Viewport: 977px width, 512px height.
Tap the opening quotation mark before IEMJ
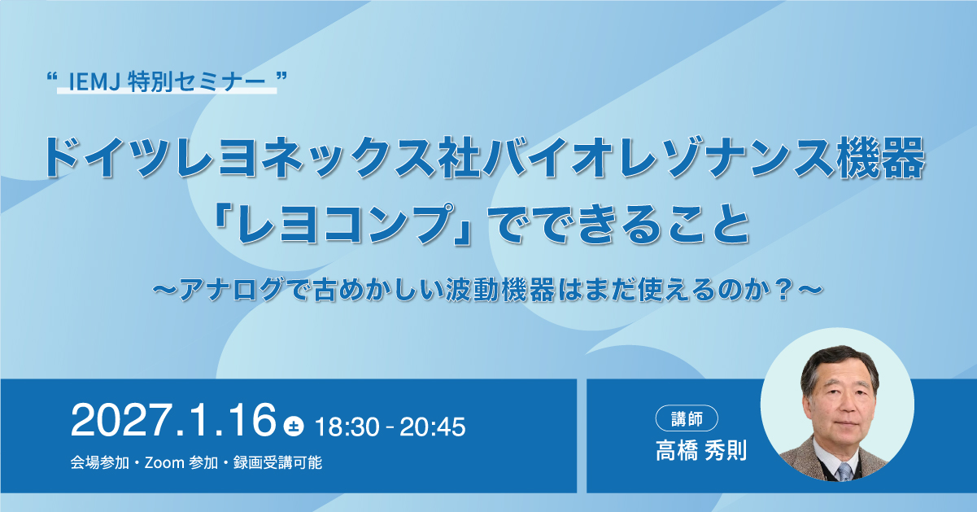pos(52,77)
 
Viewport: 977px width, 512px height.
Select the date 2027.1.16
pos(173,419)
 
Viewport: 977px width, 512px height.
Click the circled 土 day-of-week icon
pos(293,426)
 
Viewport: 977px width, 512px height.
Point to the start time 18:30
pos(347,427)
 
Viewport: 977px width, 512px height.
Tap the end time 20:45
pos(433,427)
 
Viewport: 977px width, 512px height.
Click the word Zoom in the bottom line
pos(164,462)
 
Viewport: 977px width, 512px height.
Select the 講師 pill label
pos(687,418)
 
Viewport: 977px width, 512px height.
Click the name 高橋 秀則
pos(701,450)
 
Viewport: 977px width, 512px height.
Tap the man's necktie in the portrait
pos(844,471)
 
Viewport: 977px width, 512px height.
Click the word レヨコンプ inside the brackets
pos(342,224)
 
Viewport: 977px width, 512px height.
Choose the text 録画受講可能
pos(278,462)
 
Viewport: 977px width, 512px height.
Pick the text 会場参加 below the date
pos(100,462)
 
